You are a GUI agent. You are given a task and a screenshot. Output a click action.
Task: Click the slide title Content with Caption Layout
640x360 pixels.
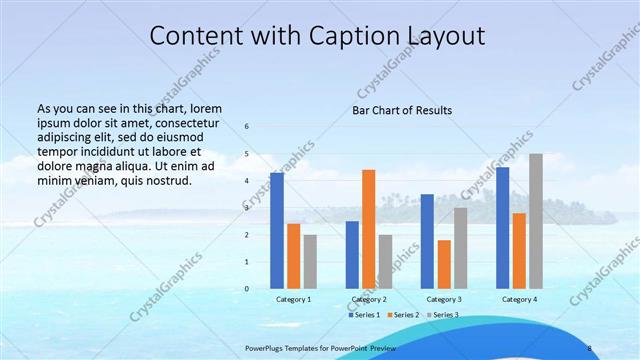pos(318,35)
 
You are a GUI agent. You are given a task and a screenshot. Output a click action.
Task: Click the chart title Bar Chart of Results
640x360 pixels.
pos(401,110)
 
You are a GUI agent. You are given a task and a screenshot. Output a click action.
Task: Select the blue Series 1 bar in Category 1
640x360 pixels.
pos(277,231)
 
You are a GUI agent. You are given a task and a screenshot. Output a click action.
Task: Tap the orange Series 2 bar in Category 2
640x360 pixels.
pos(368,229)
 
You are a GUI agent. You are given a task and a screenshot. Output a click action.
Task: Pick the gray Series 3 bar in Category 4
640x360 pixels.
pos(536,221)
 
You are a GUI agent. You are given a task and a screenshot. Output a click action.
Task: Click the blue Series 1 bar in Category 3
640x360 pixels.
pos(427,241)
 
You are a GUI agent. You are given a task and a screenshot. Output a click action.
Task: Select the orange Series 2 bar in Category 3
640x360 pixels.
pos(444,264)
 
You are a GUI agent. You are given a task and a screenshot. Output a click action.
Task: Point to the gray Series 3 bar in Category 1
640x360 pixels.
pos(310,261)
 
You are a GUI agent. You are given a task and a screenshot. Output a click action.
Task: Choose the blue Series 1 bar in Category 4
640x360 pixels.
pos(502,228)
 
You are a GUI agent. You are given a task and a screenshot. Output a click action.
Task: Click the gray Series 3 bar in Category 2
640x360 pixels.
pos(385,261)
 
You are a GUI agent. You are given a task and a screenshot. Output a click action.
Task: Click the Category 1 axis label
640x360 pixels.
pos(293,299)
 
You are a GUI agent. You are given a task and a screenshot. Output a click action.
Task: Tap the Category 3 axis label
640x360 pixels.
pos(444,299)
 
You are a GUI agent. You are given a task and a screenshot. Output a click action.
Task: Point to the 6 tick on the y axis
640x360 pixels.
pos(247,127)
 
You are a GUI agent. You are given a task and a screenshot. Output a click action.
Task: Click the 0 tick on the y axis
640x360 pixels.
pos(247,288)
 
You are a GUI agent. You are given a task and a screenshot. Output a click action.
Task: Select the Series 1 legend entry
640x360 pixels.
pos(363,315)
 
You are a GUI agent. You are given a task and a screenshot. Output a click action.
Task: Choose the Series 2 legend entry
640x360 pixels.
pos(402,315)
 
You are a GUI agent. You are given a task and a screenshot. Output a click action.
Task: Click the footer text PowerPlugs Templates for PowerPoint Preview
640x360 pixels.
pos(321,348)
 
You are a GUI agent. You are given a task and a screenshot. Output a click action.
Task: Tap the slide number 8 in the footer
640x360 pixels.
pos(590,348)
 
